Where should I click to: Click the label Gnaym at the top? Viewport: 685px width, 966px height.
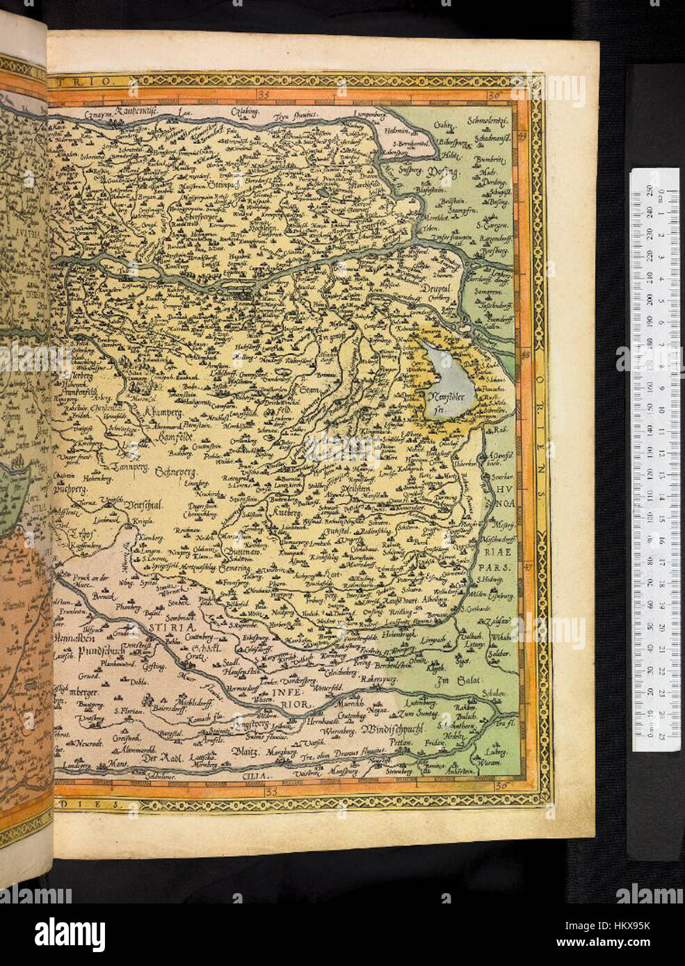[97, 115]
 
